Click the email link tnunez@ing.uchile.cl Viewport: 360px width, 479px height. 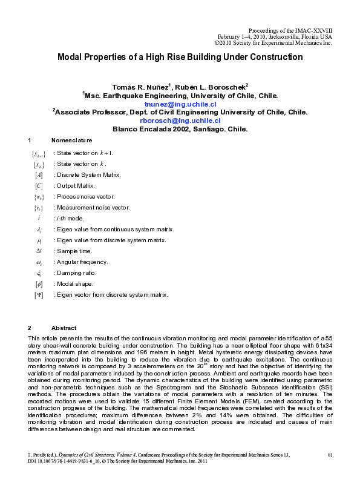tap(180, 104)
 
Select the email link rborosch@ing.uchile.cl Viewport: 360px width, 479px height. tap(180, 120)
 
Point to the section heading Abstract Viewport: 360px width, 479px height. tap(64, 328)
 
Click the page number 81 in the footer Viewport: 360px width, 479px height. tap(330, 454)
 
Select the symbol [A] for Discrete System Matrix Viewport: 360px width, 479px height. tap(39, 175)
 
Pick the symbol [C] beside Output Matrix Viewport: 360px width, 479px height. tap(39, 186)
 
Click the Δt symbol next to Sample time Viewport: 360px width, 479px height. tap(39, 251)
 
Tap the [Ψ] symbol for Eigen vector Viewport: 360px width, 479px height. tap(39, 295)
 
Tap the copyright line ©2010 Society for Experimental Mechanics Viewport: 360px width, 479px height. tap(273, 43)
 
